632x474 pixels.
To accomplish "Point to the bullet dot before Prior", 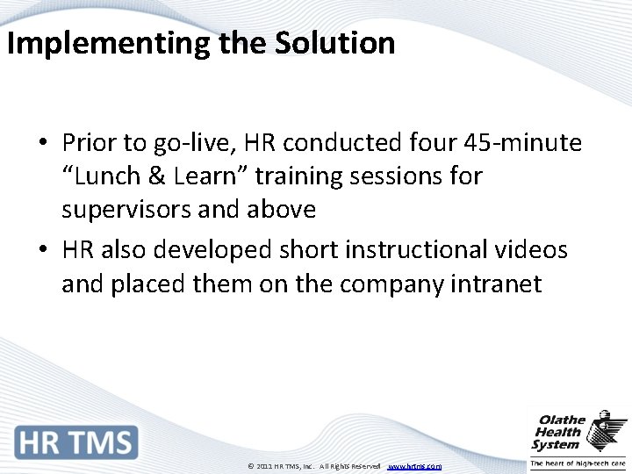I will (42, 143).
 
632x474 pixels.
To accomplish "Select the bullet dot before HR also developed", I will (42, 251).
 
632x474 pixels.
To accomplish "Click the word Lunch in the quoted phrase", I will (105, 176).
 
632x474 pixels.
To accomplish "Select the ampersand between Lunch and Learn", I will (156, 176).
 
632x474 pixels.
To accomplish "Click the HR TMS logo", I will (76, 442).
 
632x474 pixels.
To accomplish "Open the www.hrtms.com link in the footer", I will (414, 466).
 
